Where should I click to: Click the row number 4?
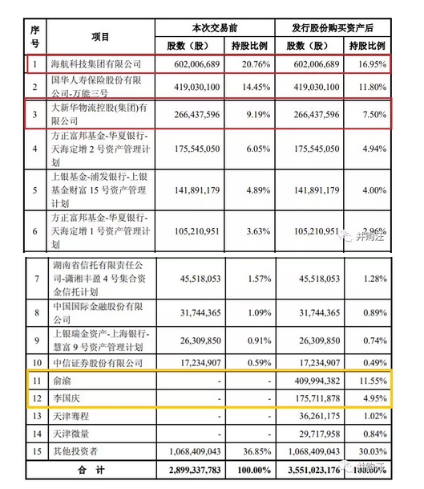click(x=34, y=148)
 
